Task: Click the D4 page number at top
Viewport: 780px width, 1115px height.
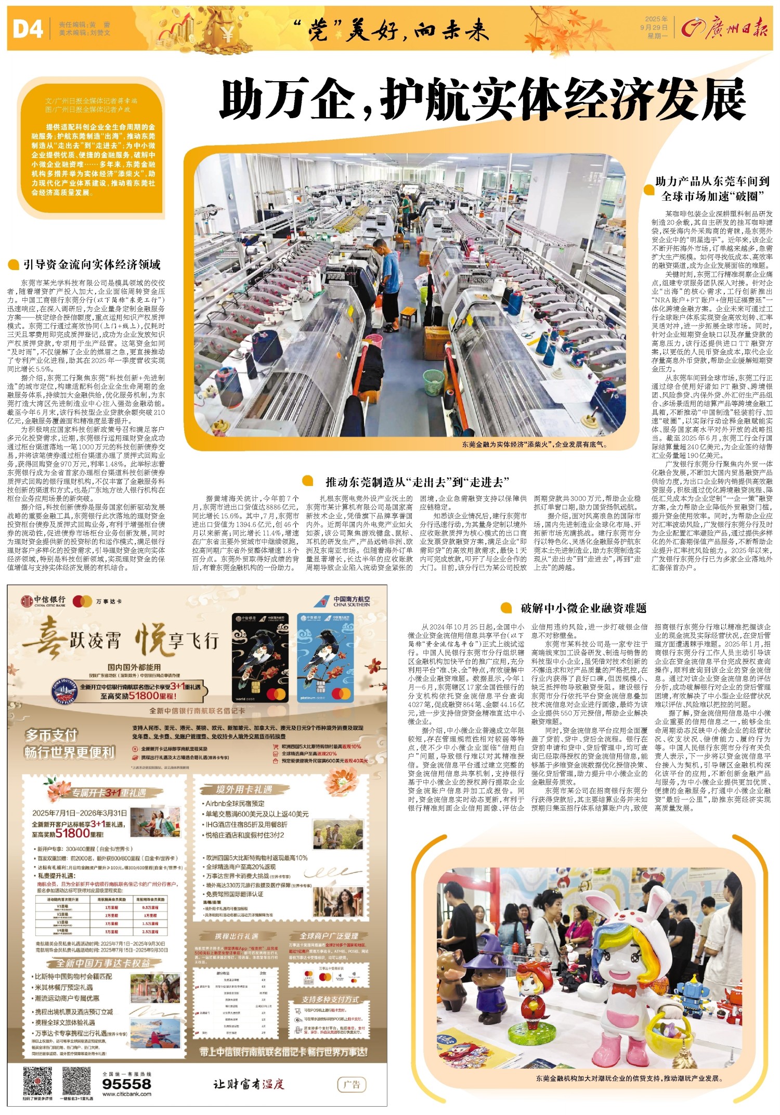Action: click(28, 29)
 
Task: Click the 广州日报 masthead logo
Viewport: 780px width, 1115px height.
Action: click(725, 29)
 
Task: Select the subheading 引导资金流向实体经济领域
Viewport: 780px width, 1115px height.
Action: click(92, 265)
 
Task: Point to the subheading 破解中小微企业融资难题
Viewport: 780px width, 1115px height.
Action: click(583, 608)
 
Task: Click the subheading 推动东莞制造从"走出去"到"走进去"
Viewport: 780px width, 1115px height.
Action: click(417, 482)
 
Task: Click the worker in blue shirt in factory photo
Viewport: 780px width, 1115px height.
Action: click(388, 271)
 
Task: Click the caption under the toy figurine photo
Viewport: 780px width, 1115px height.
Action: click(629, 1079)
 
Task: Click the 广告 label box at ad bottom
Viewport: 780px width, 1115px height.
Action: click(352, 1084)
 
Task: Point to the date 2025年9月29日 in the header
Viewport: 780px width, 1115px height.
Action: click(656, 27)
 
